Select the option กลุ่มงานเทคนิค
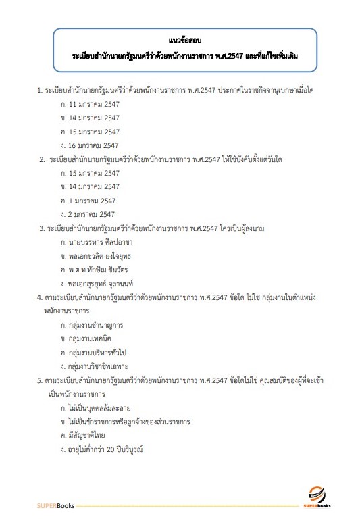(x=91, y=339)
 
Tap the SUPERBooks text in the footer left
(x=56, y=506)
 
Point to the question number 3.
(x=42, y=228)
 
